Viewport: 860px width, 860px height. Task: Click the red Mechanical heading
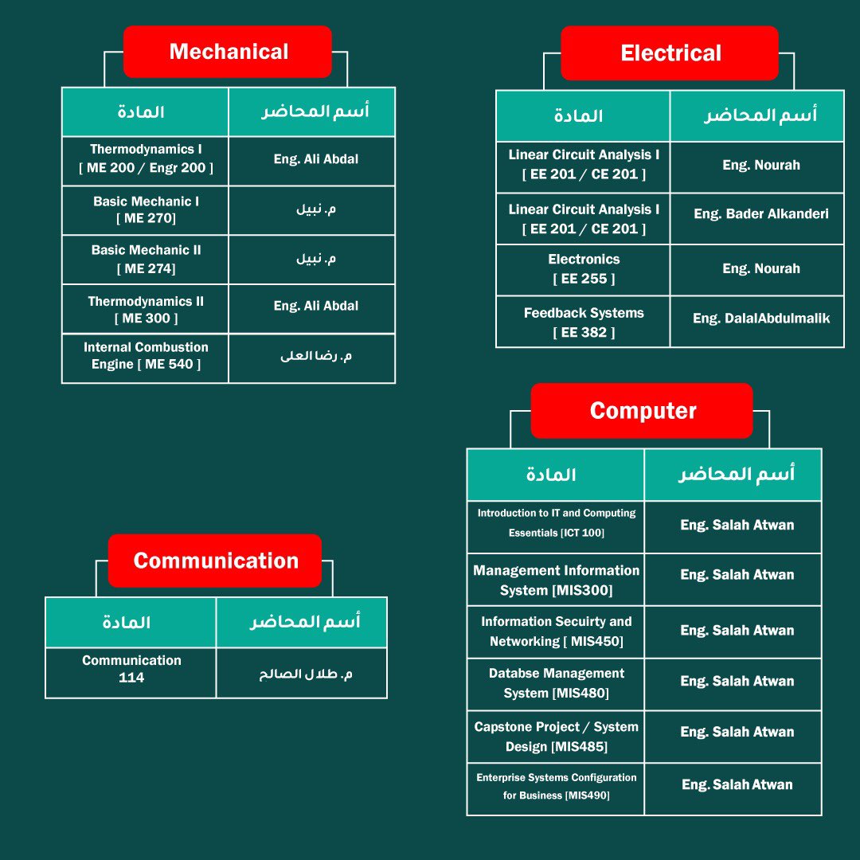pyautogui.click(x=228, y=52)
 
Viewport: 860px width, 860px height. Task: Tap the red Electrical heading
pyautogui.click(x=670, y=53)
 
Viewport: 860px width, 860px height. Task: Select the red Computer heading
pyautogui.click(x=642, y=411)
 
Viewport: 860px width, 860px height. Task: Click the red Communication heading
pyautogui.click(x=215, y=561)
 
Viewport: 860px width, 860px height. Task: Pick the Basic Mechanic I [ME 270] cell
pyautogui.click(x=146, y=210)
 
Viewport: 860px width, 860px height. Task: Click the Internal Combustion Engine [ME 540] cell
pyautogui.click(x=146, y=357)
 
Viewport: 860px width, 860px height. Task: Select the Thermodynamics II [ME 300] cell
pyautogui.click(x=146, y=310)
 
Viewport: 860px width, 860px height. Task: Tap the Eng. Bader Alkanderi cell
pyautogui.click(x=760, y=214)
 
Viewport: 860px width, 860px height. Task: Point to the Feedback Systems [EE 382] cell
pyautogui.click(x=584, y=322)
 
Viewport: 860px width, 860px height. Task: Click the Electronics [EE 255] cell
pyautogui.click(x=584, y=269)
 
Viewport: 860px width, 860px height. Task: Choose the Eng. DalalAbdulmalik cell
pyautogui.click(x=760, y=319)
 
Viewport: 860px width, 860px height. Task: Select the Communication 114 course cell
pyautogui.click(x=131, y=670)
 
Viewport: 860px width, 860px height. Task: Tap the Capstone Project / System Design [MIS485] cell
pyautogui.click(x=556, y=737)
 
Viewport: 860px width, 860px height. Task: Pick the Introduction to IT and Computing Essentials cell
pyautogui.click(x=556, y=523)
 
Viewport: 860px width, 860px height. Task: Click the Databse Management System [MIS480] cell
pyautogui.click(x=556, y=683)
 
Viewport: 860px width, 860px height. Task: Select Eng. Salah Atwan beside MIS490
pyautogui.click(x=737, y=785)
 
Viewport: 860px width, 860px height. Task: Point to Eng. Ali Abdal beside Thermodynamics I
pyautogui.click(x=315, y=159)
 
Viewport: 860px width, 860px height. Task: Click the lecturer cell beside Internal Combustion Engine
pyautogui.click(x=315, y=356)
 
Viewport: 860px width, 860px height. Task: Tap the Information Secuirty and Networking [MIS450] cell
pyautogui.click(x=556, y=631)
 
